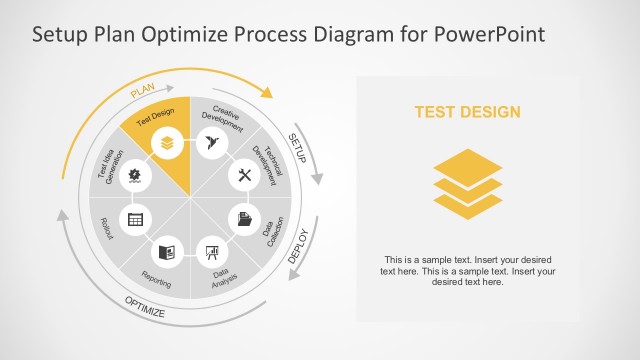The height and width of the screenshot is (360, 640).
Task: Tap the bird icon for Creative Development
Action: tap(210, 143)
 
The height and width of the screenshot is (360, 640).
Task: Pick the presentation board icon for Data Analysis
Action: tap(211, 252)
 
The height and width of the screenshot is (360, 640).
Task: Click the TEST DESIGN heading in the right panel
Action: tap(468, 112)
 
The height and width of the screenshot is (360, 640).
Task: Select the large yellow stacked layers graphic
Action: tap(468, 183)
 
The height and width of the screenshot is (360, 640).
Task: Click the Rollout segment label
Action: tap(107, 229)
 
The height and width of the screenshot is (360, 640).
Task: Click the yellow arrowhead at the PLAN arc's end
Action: tap(267, 94)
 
